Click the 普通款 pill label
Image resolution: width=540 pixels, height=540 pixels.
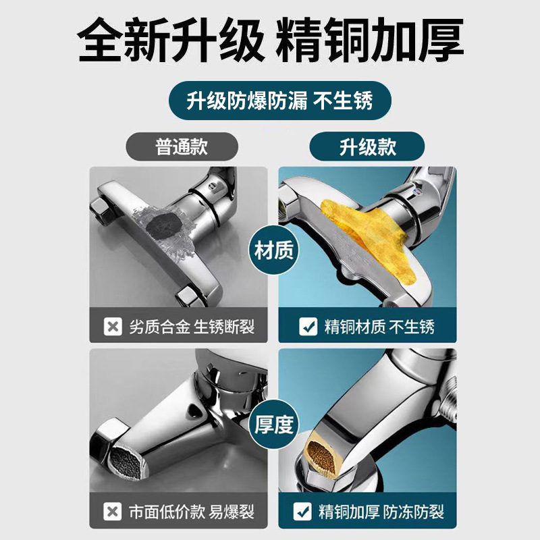coord(182,146)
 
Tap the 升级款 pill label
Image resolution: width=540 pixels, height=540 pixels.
coord(367,146)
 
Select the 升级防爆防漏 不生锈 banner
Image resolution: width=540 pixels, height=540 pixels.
coord(280,101)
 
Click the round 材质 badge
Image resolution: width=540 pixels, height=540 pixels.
coord(274,250)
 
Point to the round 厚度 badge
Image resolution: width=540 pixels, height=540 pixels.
coord(274,425)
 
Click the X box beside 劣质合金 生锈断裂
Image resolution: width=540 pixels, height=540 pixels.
coord(113,326)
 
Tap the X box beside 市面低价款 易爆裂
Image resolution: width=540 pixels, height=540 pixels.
coord(112,512)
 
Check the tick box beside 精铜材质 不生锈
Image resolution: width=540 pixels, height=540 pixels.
coord(308,326)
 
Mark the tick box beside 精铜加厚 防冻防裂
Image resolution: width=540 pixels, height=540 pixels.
coord(302,512)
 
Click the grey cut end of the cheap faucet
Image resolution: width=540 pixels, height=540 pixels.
coord(126,462)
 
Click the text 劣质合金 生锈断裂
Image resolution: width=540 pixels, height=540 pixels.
coord(192,327)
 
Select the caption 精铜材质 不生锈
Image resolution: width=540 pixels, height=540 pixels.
coord(379,327)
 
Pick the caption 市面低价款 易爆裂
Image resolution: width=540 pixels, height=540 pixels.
coord(192,512)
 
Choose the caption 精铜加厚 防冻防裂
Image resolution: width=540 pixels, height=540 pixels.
coord(381,512)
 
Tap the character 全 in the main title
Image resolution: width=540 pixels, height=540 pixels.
coord(101,40)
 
